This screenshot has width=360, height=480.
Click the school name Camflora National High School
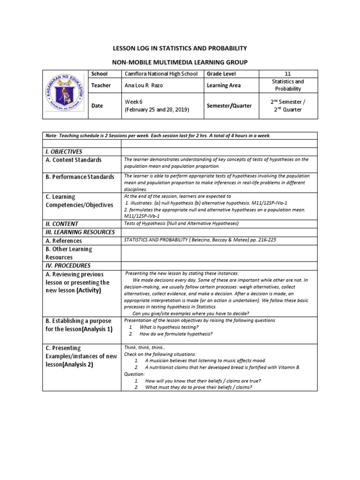pyautogui.click(x=161, y=74)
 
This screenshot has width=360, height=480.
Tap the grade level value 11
pyautogui.click(x=288, y=74)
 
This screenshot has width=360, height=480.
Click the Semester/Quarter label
pyautogui.click(x=229, y=106)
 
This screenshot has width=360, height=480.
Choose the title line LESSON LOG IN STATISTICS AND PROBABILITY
pyautogui.click(x=180, y=48)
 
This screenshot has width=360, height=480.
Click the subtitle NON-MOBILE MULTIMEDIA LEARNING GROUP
pyautogui.click(x=180, y=62)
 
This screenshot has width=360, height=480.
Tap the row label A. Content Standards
pyautogui.click(x=74, y=160)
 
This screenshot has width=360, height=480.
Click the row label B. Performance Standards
pyautogui.click(x=80, y=177)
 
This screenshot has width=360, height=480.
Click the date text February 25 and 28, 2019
pyautogui.click(x=157, y=110)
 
